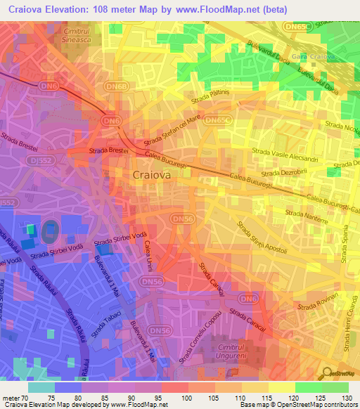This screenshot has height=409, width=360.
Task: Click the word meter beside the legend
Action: pyautogui.click(x=12, y=398)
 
